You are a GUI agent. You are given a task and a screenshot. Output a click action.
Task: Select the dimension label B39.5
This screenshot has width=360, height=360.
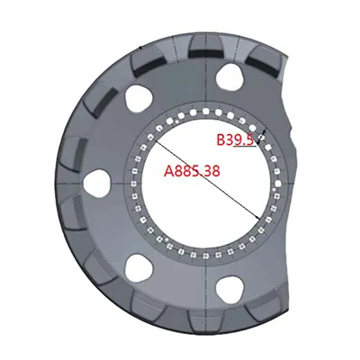tap(235, 140)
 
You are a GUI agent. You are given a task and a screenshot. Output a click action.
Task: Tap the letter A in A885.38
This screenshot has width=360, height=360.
tap(168, 171)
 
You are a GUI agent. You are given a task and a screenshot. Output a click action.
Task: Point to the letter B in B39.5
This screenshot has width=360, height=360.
tap(222, 140)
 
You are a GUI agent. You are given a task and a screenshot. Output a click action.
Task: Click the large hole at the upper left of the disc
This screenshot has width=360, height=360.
tap(139, 96)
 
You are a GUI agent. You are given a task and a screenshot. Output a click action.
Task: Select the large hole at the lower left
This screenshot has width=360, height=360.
tap(139, 266)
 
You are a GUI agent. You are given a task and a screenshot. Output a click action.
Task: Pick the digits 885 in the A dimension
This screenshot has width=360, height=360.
tap(189, 171)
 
